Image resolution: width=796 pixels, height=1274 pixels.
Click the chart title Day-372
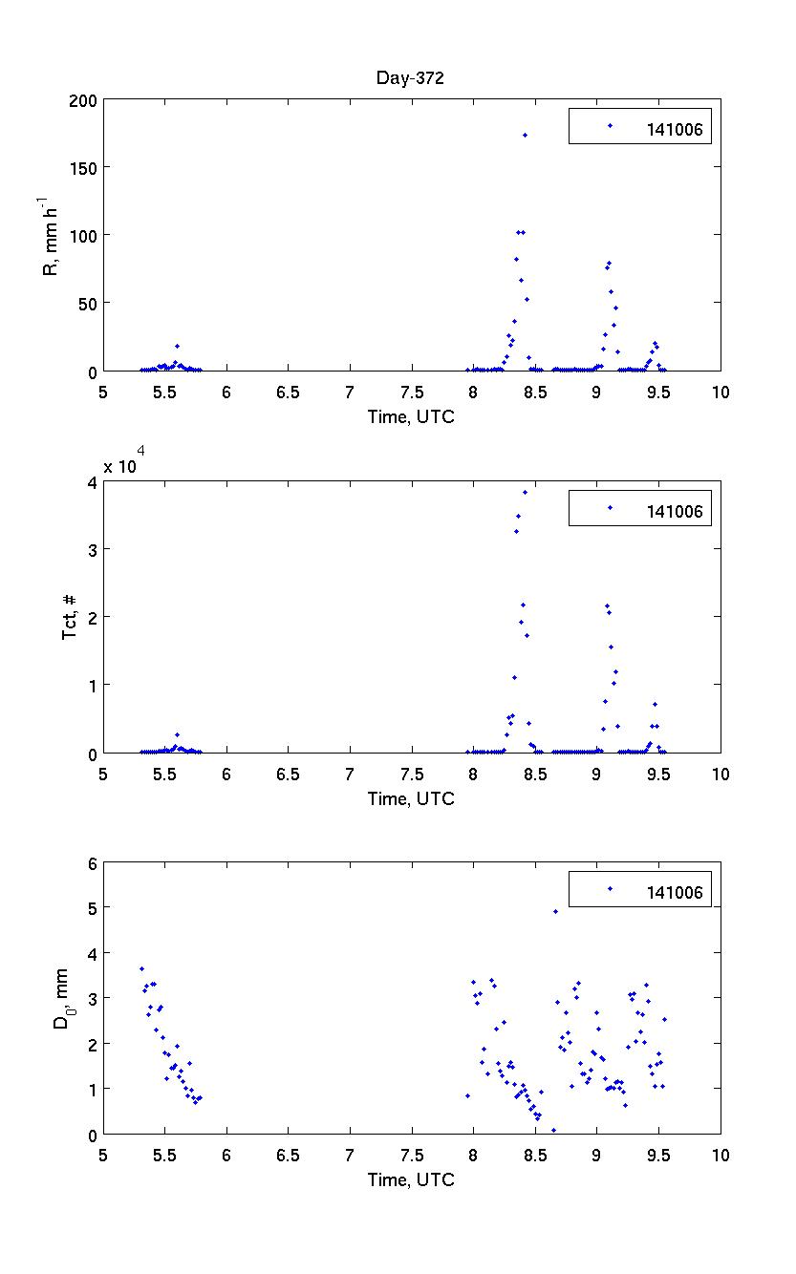[409, 78]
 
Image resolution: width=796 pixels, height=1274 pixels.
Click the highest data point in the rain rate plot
[525, 135]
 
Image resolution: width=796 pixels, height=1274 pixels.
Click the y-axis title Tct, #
[70, 617]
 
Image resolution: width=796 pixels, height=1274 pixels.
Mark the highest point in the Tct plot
[525, 492]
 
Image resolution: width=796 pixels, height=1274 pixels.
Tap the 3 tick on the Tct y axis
[92, 549]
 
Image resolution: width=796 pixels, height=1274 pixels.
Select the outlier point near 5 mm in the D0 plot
[555, 911]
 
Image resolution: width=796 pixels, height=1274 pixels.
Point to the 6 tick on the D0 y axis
[92, 862]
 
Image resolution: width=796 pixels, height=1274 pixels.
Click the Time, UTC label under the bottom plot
[411, 1179]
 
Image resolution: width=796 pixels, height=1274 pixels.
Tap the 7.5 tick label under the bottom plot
[411, 1155]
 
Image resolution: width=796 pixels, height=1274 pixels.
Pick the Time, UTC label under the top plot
[411, 416]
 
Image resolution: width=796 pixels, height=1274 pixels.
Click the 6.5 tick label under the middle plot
[288, 774]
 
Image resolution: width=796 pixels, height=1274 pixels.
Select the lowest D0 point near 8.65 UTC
[553, 1130]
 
